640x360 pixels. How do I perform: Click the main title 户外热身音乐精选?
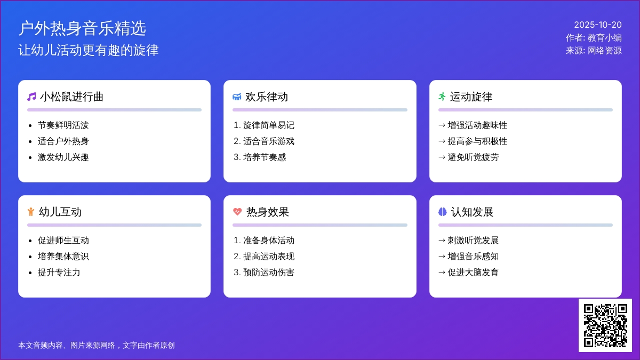(x=82, y=28)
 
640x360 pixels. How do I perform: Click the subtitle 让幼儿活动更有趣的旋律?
(x=89, y=50)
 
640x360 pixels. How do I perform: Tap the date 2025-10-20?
(x=598, y=25)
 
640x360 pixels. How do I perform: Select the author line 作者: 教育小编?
(x=594, y=38)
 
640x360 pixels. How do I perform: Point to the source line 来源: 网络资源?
(x=594, y=51)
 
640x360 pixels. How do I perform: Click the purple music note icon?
(x=31, y=97)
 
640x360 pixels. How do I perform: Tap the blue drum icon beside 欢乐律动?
(x=237, y=97)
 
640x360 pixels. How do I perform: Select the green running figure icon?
(x=442, y=97)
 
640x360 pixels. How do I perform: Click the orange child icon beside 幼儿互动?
(x=31, y=212)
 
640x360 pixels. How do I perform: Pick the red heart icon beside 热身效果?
(x=237, y=212)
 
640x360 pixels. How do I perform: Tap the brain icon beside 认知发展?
(x=442, y=212)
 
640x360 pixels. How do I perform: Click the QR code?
(x=605, y=325)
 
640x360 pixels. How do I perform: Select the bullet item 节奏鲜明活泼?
(x=63, y=125)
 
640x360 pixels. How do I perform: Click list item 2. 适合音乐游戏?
(x=263, y=141)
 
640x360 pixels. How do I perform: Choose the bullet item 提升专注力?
(x=59, y=273)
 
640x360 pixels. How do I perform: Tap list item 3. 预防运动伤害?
(x=263, y=273)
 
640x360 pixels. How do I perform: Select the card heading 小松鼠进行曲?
(x=71, y=97)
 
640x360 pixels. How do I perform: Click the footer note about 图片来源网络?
(x=97, y=346)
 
